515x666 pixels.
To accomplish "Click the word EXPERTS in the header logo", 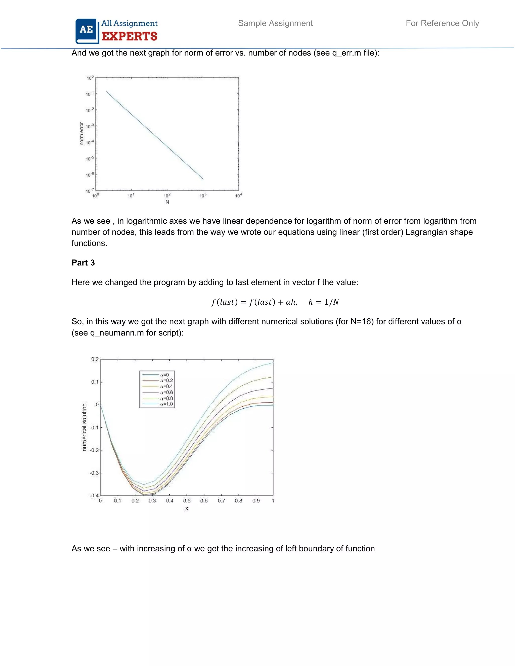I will [129, 37].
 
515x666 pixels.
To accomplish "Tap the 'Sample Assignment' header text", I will [275, 23].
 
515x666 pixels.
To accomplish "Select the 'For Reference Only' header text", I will [442, 23].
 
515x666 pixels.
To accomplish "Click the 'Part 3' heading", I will [83, 263].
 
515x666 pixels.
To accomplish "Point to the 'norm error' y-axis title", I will [81, 133].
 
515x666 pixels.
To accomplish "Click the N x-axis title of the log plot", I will [167, 202].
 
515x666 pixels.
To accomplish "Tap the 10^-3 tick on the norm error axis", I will [90, 126].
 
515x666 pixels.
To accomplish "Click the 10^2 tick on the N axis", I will [167, 196].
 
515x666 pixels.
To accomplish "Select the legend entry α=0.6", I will [166, 392].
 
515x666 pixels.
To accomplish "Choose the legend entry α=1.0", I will [166, 404].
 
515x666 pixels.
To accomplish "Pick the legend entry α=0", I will [164, 375].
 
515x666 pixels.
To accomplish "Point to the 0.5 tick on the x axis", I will [187, 501].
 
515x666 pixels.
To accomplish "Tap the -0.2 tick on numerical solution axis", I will [94, 450].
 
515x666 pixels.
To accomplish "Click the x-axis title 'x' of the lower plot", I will [187, 508].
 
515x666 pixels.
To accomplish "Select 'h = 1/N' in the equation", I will [324, 302].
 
